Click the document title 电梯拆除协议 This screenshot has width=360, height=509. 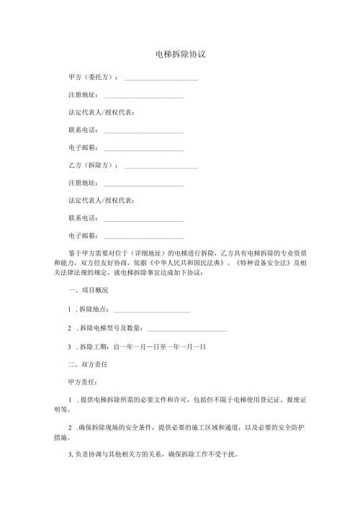pyautogui.click(x=180, y=54)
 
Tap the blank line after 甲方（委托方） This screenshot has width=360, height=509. pyautogui.click(x=161, y=78)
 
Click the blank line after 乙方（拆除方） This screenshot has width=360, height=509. pyautogui.click(x=161, y=167)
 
